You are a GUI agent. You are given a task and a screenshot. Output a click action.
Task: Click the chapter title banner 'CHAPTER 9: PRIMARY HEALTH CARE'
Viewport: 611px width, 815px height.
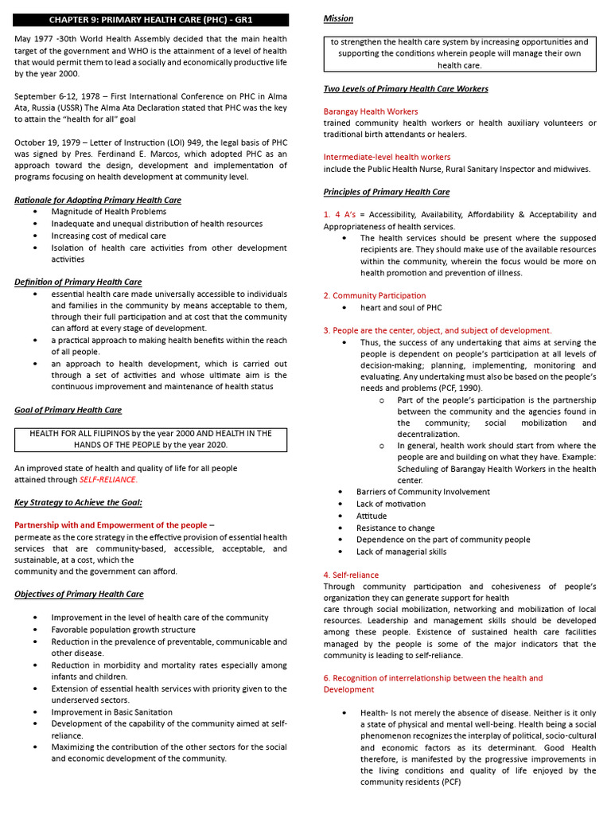(151, 20)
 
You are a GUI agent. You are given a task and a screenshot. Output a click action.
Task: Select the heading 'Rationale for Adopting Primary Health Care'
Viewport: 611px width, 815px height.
(98, 200)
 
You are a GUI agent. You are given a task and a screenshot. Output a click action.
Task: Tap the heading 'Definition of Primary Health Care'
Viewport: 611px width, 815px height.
(78, 282)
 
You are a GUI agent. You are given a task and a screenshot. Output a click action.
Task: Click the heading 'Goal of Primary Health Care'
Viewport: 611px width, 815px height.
(68, 410)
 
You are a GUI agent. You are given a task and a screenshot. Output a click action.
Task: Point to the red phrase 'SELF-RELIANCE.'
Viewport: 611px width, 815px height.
(108, 480)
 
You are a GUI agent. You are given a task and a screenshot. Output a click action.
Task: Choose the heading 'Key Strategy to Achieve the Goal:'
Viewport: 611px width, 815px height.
(79, 502)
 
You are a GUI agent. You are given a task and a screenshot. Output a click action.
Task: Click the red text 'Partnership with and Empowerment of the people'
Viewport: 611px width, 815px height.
(111, 525)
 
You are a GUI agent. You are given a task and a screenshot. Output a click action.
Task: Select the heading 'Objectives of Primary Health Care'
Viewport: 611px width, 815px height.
(79, 594)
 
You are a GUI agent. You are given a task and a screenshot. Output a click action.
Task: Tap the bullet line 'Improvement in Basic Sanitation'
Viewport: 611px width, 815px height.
(111, 712)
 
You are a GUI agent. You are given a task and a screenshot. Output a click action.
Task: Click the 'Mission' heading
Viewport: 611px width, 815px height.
(338, 18)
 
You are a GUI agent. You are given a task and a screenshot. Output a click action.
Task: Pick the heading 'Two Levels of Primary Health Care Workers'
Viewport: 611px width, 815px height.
(406, 88)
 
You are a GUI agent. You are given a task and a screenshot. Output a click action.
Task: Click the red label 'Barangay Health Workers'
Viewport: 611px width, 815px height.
(370, 111)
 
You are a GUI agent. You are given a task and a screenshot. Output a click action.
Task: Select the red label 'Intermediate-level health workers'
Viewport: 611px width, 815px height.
(387, 158)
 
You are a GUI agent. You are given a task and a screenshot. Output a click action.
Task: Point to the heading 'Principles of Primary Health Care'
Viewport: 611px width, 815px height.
(386, 192)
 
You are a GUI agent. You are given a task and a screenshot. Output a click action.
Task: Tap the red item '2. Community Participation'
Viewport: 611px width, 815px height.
(374, 296)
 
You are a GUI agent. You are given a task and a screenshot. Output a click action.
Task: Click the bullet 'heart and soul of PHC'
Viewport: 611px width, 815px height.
(400, 307)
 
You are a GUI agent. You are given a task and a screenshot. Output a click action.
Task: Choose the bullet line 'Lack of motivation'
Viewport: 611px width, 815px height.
(391, 504)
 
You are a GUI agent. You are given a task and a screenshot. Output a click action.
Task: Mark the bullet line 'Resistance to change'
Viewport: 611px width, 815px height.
(395, 528)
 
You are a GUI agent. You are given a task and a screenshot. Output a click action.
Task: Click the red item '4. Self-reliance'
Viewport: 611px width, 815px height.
(351, 575)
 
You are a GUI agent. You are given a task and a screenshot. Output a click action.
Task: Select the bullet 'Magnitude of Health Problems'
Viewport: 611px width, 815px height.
(109, 212)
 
